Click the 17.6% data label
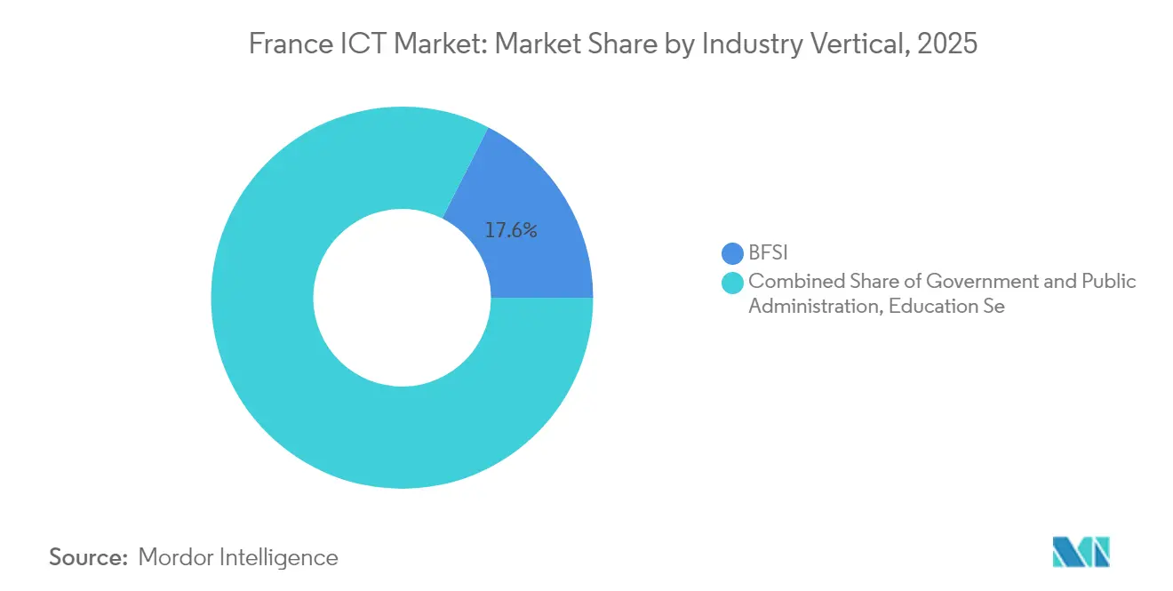tap(511, 231)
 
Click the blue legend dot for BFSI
tap(732, 254)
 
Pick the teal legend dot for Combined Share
tap(732, 283)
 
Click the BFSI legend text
tap(769, 254)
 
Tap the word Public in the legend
tap(1108, 282)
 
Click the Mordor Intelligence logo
tap(1081, 552)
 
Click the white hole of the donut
tap(402, 298)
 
